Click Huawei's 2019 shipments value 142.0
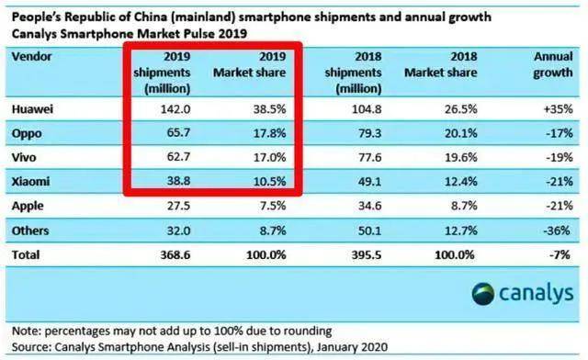click(175, 109)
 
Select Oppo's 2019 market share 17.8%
click(269, 133)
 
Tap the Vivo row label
click(24, 157)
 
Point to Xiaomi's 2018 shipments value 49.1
click(369, 182)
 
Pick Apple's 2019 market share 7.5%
click(273, 206)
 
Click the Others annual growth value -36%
click(557, 230)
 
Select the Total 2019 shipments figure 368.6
click(175, 254)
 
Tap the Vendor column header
click(31, 57)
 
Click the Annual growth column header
click(553, 64)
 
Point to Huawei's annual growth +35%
click(559, 109)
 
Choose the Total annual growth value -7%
click(560, 254)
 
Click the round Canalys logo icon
click(483, 294)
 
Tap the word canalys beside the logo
click(537, 293)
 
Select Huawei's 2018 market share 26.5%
click(461, 109)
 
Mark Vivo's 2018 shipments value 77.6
click(369, 157)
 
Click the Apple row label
click(28, 206)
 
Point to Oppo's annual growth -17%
click(560, 133)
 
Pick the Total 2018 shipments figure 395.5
click(367, 254)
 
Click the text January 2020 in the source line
click(352, 347)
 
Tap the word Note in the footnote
click(27, 332)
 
